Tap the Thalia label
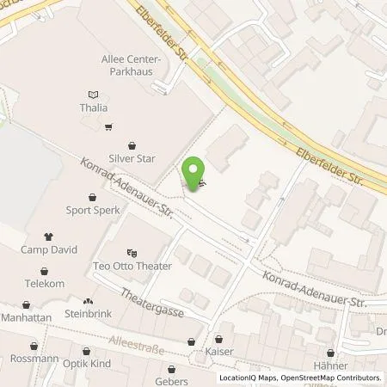click(x=93, y=108)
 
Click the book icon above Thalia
click(x=93, y=94)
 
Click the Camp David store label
click(x=49, y=249)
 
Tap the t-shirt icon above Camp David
click(x=49, y=236)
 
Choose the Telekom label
click(x=45, y=283)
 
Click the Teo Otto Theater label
click(x=132, y=267)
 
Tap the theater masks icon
click(x=132, y=253)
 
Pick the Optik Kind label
click(x=87, y=365)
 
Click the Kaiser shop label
click(x=219, y=351)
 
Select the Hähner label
click(x=330, y=365)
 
